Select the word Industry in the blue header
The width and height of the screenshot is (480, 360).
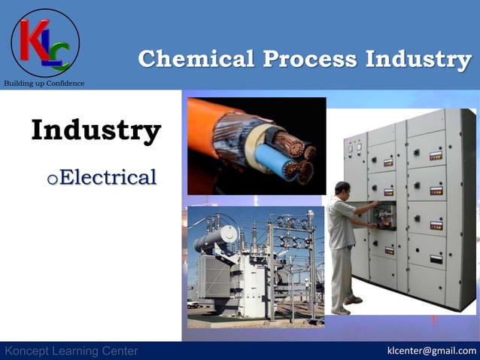tap(418, 59)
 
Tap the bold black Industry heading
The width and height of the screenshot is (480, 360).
tap(96, 131)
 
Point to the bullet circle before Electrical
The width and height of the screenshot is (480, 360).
tap(52, 179)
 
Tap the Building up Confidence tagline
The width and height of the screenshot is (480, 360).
tap(44, 83)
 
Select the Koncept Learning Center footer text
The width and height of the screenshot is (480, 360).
tap(71, 351)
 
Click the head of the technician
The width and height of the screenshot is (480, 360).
tap(342, 189)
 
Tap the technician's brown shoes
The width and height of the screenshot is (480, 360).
tap(348, 304)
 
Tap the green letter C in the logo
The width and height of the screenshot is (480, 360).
tap(59, 55)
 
